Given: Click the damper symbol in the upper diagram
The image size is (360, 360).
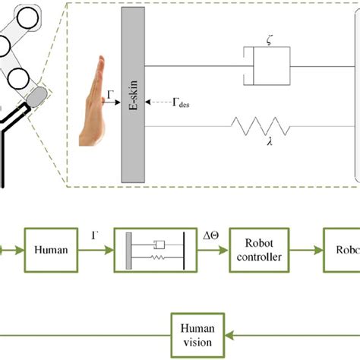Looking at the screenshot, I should point(266,65).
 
